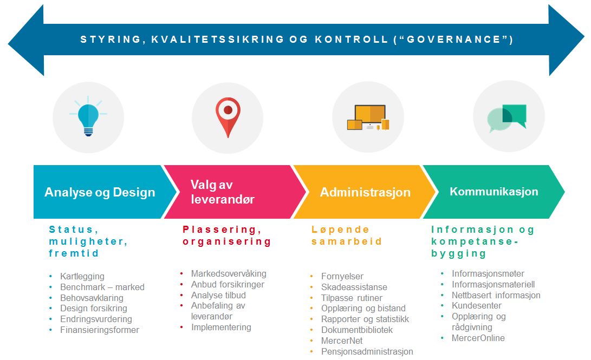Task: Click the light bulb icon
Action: (x=88, y=116)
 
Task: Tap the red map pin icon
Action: (x=228, y=117)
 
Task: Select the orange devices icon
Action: (x=368, y=117)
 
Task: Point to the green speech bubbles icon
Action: (x=506, y=118)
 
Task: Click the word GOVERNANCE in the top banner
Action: (x=453, y=40)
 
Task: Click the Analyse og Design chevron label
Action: (x=100, y=192)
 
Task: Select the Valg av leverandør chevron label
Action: (x=223, y=192)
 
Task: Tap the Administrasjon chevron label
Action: (x=365, y=192)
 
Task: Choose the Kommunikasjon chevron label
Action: (x=493, y=191)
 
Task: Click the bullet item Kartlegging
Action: (x=82, y=276)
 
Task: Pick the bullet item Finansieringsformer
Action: (x=100, y=330)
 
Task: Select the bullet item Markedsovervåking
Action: (x=229, y=273)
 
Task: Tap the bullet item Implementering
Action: (x=221, y=327)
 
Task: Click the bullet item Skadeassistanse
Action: (x=354, y=287)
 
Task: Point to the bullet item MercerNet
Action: (x=341, y=341)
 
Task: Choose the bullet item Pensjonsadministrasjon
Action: (x=367, y=351)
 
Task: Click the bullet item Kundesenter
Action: (x=476, y=305)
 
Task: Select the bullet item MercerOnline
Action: (x=478, y=338)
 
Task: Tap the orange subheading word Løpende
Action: (x=340, y=230)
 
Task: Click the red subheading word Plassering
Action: (x=222, y=230)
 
